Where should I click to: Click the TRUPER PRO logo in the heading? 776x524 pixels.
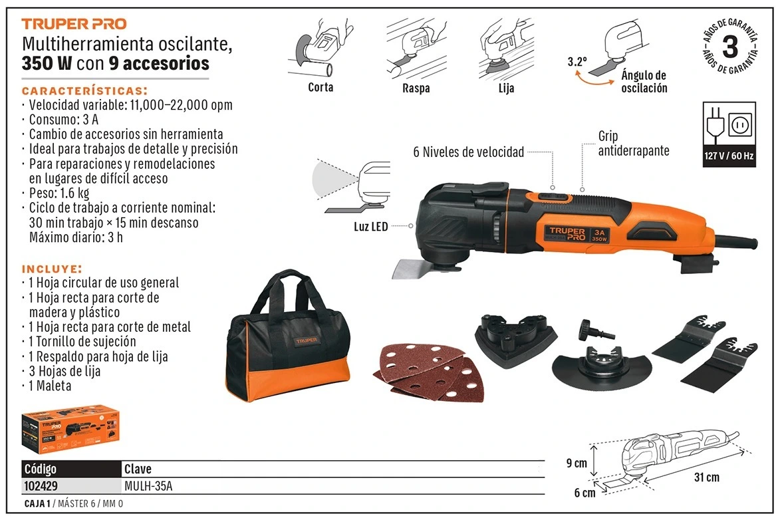(74, 24)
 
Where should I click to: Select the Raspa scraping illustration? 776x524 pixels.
(415, 49)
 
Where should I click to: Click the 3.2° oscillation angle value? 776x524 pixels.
(577, 62)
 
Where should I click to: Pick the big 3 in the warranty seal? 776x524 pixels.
(731, 47)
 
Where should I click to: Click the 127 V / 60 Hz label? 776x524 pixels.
(729, 156)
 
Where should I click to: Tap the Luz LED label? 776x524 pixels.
(370, 227)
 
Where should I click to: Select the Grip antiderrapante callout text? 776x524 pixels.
(634, 144)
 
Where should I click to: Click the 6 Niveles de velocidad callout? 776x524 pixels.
(469, 152)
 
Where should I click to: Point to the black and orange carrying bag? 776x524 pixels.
(288, 337)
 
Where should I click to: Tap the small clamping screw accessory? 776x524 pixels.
(597, 330)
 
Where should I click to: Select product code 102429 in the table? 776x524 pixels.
(41, 486)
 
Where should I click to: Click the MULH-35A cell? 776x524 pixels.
(148, 486)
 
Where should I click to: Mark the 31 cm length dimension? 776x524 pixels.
(706, 477)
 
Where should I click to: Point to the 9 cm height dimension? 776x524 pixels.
(577, 463)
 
